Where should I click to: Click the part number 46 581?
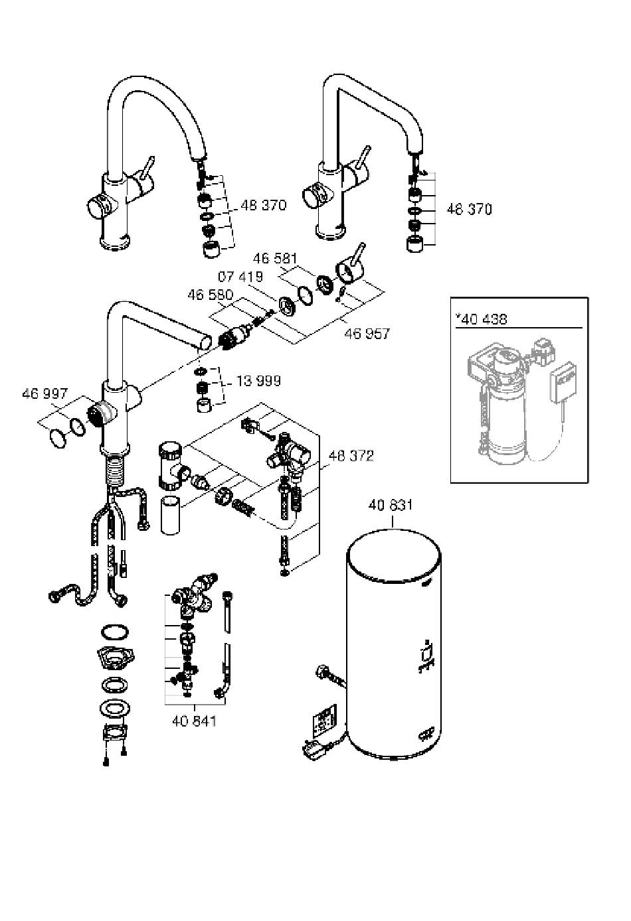(x=274, y=258)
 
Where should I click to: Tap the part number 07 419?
(x=240, y=277)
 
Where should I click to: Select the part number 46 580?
(x=210, y=295)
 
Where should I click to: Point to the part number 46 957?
(x=367, y=334)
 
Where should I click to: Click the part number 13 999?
(x=258, y=381)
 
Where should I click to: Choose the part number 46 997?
(x=45, y=393)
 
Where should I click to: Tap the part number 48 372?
(x=351, y=456)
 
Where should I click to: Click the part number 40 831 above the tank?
(x=390, y=506)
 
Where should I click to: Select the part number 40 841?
(x=194, y=721)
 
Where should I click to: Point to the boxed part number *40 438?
(x=481, y=319)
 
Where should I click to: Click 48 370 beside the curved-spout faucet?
(x=264, y=205)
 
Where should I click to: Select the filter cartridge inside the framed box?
(x=506, y=415)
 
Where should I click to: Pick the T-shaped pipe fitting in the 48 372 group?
(x=172, y=466)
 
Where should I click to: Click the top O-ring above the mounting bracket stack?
(x=114, y=632)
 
